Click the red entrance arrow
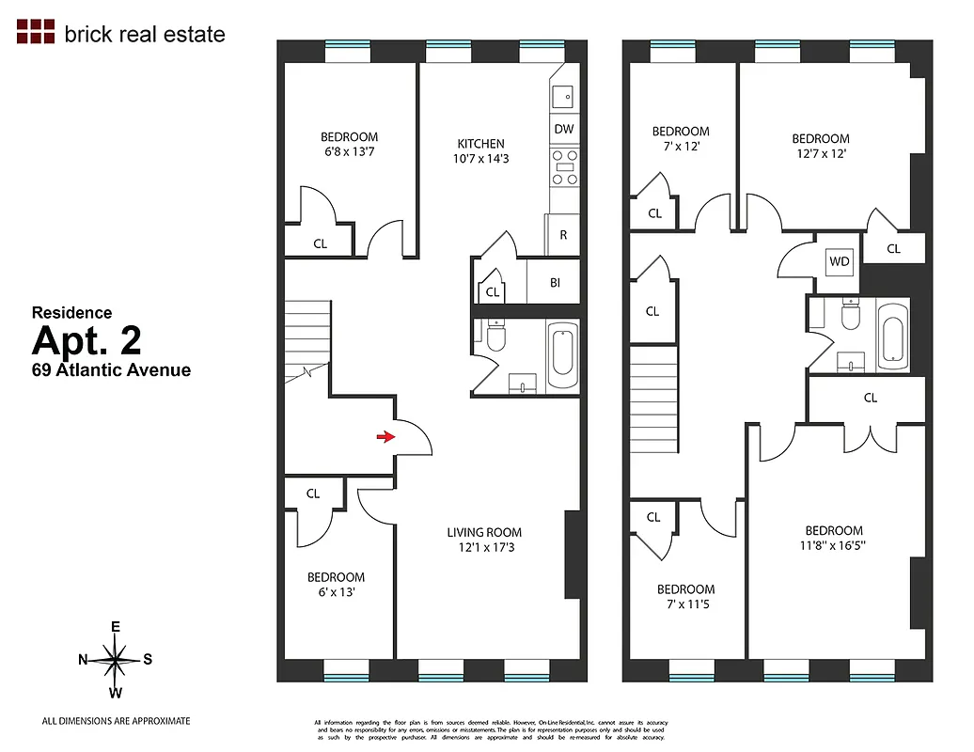click(x=385, y=436)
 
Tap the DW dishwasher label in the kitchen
click(x=563, y=129)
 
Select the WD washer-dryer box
click(x=840, y=261)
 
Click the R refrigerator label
click(x=563, y=235)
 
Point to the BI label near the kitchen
click(x=555, y=282)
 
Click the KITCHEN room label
click(x=480, y=144)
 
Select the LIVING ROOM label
click(x=483, y=532)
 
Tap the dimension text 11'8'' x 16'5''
click(x=833, y=545)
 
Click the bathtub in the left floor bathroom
click(x=562, y=355)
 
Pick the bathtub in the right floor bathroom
click(x=891, y=336)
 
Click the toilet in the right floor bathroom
click(x=851, y=317)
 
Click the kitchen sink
click(x=564, y=95)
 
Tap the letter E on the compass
click(x=116, y=627)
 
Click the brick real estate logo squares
click(x=37, y=31)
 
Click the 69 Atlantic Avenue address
click(x=111, y=369)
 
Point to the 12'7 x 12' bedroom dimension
click(x=820, y=153)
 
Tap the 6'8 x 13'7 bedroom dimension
click(x=349, y=150)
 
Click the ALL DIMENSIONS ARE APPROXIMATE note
click(x=116, y=721)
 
